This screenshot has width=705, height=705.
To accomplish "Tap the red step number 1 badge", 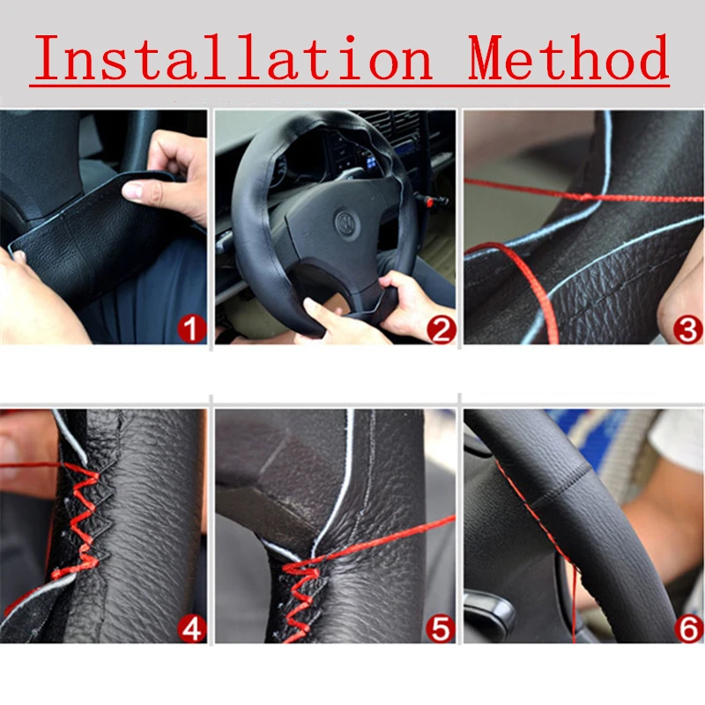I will [x=191, y=330].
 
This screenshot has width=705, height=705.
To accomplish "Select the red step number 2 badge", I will [x=441, y=330].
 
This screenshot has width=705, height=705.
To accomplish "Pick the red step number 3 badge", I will [x=687, y=330].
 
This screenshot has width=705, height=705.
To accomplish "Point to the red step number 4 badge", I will [x=191, y=628].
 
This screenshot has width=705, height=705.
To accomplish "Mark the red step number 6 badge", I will [x=687, y=628].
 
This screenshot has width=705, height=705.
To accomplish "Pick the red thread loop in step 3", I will [x=520, y=282].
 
